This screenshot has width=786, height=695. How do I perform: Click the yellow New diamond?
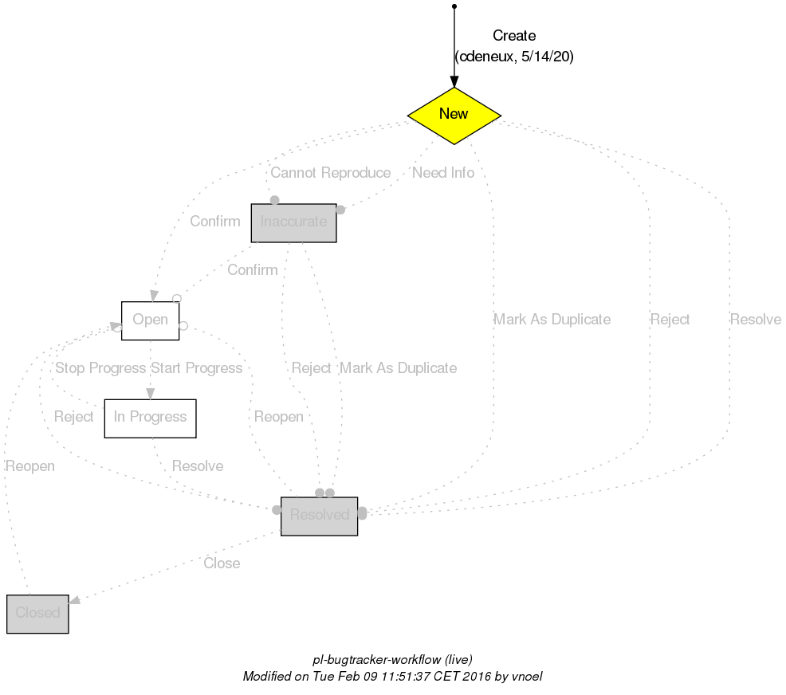coord(454,115)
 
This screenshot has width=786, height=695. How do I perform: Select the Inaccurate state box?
coord(293,222)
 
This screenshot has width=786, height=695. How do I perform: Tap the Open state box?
coord(150,320)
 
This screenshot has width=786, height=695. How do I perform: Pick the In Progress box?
coord(150,418)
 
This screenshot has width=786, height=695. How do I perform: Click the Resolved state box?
coord(319,516)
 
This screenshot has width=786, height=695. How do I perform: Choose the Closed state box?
coord(37,614)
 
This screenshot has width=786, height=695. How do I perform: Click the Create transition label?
coord(514,36)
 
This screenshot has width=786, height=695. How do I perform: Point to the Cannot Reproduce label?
coord(330,173)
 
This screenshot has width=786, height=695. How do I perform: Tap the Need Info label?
coord(443,173)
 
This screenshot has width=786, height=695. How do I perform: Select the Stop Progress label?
coord(100,368)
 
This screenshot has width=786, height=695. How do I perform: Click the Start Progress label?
coord(196,368)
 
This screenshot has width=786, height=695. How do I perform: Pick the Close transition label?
coord(222,563)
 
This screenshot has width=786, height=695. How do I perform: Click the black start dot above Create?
coord(454,6)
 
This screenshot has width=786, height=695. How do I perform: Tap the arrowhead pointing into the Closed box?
coord(75,603)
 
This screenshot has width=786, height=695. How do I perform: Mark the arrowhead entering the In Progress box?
coord(150,393)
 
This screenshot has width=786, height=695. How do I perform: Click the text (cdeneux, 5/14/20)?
coord(514,57)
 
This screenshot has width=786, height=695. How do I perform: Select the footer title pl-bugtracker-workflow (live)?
coord(392,660)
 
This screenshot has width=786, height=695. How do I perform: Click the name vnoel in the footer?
coord(527,676)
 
